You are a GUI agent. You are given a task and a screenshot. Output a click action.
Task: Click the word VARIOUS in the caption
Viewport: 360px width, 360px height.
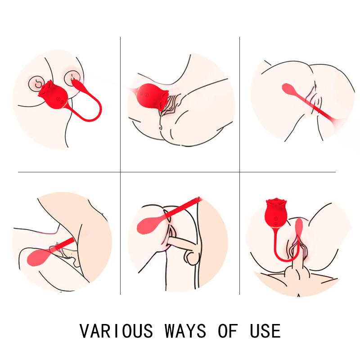(116, 331)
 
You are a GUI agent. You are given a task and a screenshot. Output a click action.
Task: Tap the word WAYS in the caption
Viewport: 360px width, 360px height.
(185, 331)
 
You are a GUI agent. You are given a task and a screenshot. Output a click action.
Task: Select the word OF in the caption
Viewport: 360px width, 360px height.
(228, 331)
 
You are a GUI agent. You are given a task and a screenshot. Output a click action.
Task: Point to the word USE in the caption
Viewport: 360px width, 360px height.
(265, 331)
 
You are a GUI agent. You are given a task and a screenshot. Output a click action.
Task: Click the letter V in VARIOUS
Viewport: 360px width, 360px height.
(85, 331)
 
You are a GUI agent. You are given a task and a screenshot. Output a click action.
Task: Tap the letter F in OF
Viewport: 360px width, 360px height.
(233, 331)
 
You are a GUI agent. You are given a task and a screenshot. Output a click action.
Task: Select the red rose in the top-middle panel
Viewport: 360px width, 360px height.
(152, 96)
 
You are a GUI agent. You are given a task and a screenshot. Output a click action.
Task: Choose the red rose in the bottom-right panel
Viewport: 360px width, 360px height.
(276, 212)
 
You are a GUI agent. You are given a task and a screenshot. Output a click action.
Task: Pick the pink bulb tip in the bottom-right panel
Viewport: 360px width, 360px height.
(299, 226)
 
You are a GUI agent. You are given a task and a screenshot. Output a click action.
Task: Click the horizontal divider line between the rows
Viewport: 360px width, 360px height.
(177, 172)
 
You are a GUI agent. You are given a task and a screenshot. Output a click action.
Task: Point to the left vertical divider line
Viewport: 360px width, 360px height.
(120, 166)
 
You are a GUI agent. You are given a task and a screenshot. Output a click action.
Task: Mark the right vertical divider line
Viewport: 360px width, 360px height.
(239, 166)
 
